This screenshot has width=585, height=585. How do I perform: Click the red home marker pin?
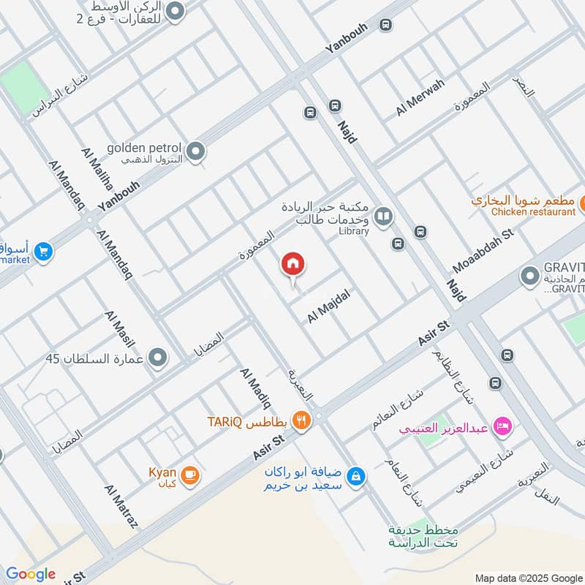pyautogui.click(x=293, y=264)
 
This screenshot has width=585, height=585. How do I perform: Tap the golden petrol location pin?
pyautogui.click(x=195, y=151)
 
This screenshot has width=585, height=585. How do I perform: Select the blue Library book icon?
pyautogui.click(x=382, y=216)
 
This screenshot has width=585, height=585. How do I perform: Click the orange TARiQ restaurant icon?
pyautogui.click(x=300, y=420)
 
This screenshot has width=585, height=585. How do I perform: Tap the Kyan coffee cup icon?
pyautogui.click(x=189, y=474)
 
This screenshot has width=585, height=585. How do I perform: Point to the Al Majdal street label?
pyautogui.click(x=329, y=306)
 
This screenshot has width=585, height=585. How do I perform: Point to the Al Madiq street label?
pyautogui.click(x=255, y=388)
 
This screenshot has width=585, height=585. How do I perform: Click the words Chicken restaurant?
pyautogui.click(x=533, y=212)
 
